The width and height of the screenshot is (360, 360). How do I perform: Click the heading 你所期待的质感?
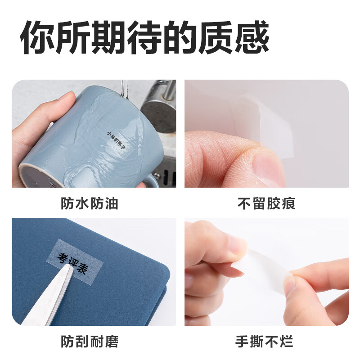tap(144, 37)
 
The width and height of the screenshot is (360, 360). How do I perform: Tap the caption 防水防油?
tap(90, 203)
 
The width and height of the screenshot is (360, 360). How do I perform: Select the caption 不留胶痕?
tap(266, 203)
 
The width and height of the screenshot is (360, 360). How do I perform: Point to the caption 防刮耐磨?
tap(90, 342)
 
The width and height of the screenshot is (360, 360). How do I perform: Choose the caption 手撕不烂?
tap(264, 342)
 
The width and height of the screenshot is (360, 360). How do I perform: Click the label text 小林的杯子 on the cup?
tap(116, 140)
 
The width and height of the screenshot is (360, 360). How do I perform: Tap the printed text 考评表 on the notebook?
tap(72, 263)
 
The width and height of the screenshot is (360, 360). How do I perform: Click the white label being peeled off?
tap(271, 129)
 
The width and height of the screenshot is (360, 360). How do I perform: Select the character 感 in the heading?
tap(252, 37)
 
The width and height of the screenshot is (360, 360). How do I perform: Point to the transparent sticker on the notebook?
tap(74, 262)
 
